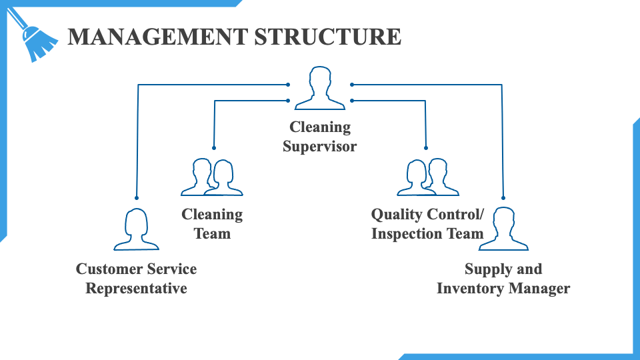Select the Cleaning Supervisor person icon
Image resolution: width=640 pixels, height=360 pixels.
click(320, 88)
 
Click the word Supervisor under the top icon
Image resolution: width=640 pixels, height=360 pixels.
click(319, 146)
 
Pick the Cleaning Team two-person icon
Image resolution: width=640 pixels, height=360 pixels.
click(212, 177)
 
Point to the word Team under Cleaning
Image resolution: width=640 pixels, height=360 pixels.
click(212, 234)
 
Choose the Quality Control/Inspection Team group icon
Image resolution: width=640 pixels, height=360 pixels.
click(428, 177)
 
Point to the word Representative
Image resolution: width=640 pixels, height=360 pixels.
click(136, 289)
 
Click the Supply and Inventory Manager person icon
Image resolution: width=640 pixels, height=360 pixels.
click(503, 229)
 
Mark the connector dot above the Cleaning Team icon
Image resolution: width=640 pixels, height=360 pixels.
click(214, 147)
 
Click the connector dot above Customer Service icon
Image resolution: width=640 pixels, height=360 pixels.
click(137, 198)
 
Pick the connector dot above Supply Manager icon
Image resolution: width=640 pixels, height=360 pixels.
click(503, 198)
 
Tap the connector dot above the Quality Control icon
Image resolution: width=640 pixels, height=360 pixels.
click(425, 147)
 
